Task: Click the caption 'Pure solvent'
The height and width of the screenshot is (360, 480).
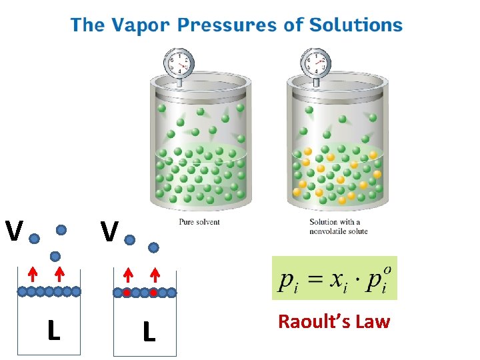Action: point(199,222)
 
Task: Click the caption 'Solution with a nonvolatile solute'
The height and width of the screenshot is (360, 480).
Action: point(339,227)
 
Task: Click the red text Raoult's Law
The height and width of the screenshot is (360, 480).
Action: point(334,322)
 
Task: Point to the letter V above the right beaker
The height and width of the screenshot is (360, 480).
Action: point(110,232)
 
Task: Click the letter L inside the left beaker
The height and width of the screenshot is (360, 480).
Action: point(53,331)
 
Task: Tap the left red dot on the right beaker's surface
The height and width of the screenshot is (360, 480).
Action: point(127,292)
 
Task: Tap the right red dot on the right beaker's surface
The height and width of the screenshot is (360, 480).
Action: point(153,292)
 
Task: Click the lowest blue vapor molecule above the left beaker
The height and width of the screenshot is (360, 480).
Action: point(55,256)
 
